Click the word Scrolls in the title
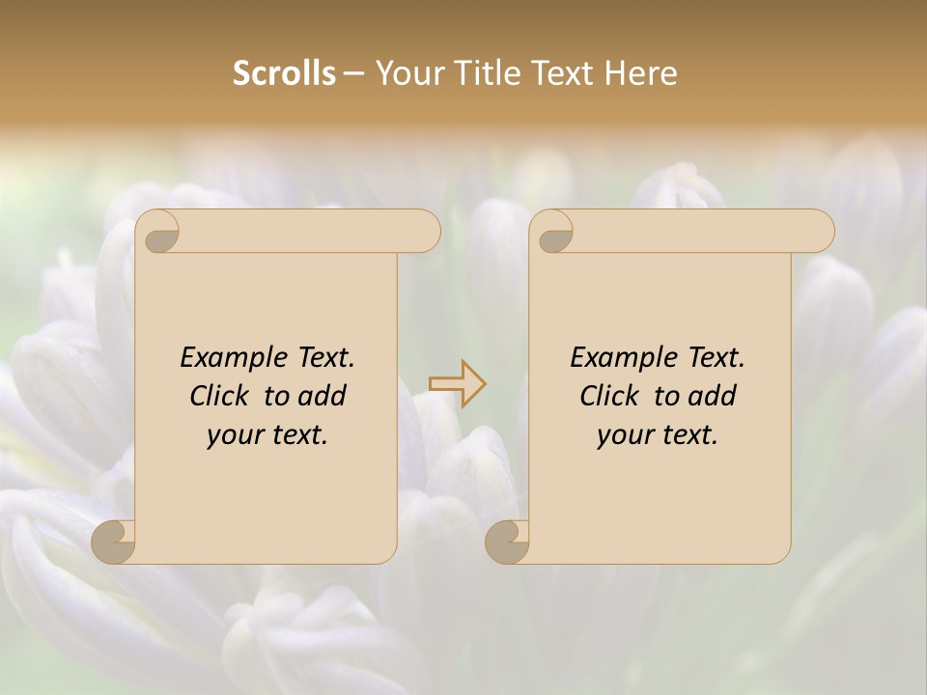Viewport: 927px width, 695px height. pos(284,73)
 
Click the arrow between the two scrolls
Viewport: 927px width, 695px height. pos(457,384)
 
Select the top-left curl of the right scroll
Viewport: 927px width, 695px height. pos(554,232)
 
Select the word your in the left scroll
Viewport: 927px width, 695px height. pos(235,435)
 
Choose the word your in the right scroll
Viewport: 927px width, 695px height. pos(625,435)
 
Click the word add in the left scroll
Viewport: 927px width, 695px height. pos(323,396)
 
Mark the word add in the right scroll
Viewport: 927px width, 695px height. pos(713,396)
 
